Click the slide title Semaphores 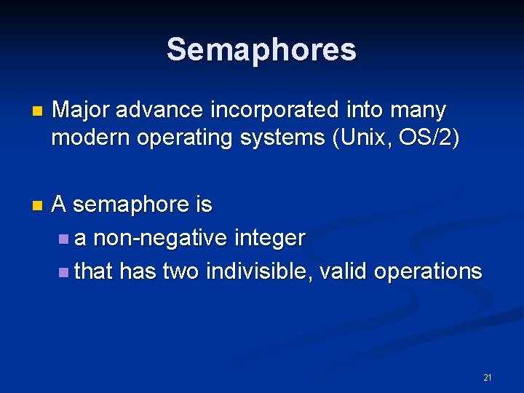(261, 49)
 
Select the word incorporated (274, 110)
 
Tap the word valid (344, 271)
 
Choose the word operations (428, 271)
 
